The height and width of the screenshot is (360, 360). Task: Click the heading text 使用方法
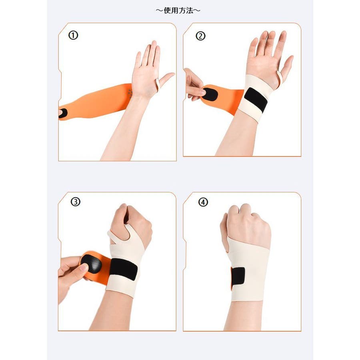tap(178, 10)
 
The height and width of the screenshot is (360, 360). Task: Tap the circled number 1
tap(73, 35)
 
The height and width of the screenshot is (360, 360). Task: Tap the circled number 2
tap(200, 36)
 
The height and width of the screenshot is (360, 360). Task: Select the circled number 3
tap(76, 202)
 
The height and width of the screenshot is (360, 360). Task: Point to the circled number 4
tap(203, 202)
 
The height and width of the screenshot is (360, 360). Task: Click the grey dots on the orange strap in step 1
tap(130, 94)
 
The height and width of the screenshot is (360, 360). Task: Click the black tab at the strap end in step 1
tap(63, 113)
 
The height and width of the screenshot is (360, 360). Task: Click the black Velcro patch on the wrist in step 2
tap(255, 99)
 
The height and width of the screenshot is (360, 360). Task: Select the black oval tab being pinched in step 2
tap(210, 94)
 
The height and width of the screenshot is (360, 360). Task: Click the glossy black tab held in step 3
tap(91, 264)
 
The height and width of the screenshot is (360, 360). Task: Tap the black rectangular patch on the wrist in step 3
tap(123, 268)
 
